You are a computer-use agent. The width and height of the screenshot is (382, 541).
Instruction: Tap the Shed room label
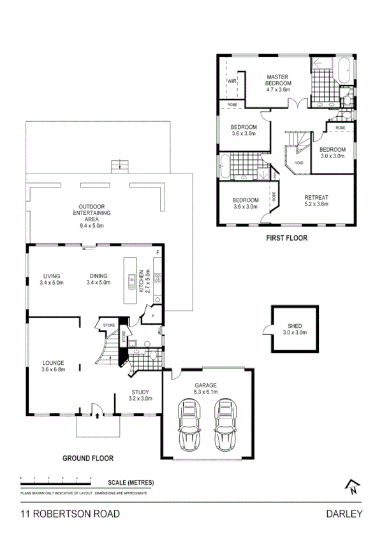(x=294, y=329)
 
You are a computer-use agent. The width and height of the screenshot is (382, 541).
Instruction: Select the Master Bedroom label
(x=279, y=81)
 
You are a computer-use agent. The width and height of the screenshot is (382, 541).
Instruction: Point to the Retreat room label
(x=316, y=200)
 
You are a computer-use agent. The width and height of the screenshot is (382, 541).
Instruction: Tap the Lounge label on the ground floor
(x=54, y=366)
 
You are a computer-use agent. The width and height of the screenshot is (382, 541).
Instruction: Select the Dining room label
(x=99, y=279)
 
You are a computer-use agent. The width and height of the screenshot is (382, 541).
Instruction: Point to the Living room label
(x=52, y=279)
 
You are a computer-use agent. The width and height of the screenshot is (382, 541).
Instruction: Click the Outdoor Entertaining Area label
(x=92, y=216)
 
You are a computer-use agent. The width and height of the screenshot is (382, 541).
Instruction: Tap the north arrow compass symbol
(x=351, y=486)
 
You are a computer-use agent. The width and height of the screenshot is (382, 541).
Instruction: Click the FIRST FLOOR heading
(x=286, y=238)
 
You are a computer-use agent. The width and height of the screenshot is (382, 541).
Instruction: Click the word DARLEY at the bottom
(x=344, y=514)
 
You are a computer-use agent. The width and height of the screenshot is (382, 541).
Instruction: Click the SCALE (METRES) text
(x=131, y=482)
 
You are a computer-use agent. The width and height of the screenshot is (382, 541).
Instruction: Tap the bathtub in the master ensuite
(x=344, y=70)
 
